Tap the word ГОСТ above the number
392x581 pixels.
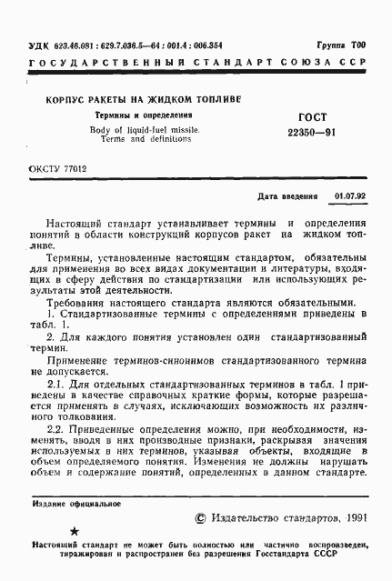(303, 117)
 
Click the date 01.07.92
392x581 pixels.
(349, 195)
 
